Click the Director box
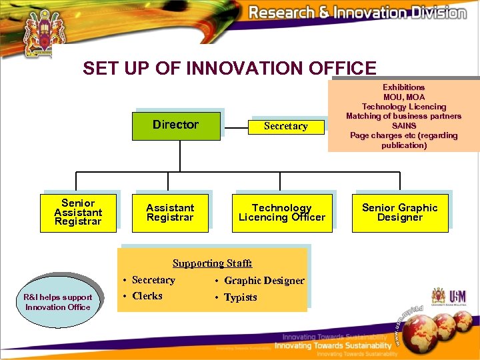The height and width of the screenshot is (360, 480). [x=175, y=125]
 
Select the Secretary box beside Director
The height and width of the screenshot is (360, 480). [x=285, y=126]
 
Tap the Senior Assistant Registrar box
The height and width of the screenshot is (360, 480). [x=78, y=212]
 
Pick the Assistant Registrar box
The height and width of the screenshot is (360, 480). [x=170, y=213]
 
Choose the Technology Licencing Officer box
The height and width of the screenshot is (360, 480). [x=282, y=213]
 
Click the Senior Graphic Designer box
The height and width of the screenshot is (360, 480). [x=400, y=213]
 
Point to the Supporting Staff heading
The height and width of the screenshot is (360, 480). [x=212, y=263]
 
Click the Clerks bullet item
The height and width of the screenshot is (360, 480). [x=147, y=296]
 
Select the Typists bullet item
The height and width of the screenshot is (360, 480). [x=240, y=297]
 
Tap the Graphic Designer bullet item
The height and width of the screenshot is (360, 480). [x=263, y=281]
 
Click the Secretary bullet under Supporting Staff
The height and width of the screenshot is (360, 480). [x=153, y=280]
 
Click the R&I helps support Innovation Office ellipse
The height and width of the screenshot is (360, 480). [x=58, y=302]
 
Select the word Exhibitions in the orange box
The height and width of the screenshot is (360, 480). [x=403, y=87]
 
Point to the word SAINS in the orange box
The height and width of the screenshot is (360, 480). [x=404, y=126]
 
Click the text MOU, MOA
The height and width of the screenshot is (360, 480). [x=403, y=97]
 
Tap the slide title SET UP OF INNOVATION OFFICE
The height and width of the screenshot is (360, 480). [x=229, y=68]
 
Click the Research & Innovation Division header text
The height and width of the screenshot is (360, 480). [x=357, y=13]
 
